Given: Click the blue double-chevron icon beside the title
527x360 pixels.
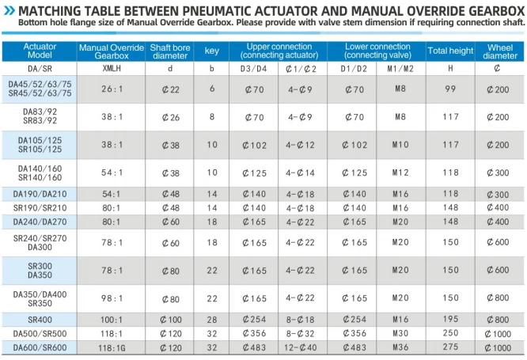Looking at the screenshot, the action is tap(9, 11).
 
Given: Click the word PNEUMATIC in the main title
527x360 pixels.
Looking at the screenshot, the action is tap(216, 11).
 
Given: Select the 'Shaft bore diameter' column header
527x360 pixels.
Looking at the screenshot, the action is tap(170, 51).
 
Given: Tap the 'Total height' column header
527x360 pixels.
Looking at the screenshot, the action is tap(450, 51).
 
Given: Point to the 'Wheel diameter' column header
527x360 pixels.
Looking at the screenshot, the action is tap(500, 51).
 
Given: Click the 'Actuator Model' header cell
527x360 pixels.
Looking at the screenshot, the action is tap(40, 51).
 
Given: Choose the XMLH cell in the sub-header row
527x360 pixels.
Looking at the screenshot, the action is tap(112, 68).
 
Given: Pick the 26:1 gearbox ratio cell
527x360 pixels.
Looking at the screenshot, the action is tap(112, 89).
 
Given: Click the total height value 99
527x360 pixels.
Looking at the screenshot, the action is tap(450, 89).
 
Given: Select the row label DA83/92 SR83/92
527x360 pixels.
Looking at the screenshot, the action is tap(40, 116).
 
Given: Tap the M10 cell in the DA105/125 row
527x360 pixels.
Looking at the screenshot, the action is tap(400, 145).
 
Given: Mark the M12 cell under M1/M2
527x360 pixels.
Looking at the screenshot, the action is tap(400, 172).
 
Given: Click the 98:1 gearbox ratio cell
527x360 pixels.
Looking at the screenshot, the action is tap(112, 298).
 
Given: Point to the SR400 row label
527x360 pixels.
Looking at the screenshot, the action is tap(40, 320).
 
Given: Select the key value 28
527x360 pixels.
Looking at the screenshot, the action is tap(212, 320).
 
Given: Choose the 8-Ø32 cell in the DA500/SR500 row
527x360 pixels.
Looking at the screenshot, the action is tap(300, 333).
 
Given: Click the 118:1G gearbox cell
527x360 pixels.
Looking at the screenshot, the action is tap(112, 348).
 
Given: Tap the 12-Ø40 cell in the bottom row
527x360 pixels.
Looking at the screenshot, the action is tap(300, 347).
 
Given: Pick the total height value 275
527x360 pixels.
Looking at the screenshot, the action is tap(450, 347).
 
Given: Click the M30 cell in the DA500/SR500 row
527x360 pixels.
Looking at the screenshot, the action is tap(400, 333).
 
